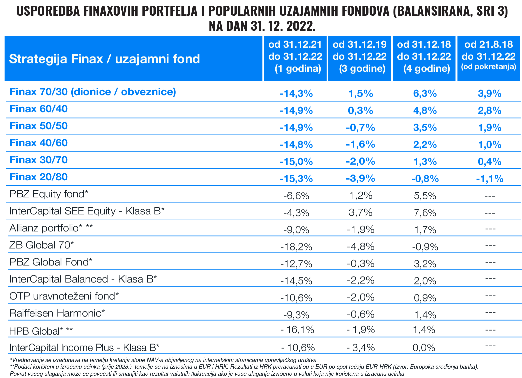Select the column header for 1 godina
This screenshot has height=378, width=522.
tap(295, 57)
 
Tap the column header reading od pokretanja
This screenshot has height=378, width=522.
tap(488, 57)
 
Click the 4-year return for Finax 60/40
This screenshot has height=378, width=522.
tap(425, 111)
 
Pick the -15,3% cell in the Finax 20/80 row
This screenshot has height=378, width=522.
tap(296, 179)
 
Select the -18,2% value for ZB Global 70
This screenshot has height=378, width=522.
tap(296, 247)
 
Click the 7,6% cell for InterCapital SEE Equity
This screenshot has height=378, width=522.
tap(425, 213)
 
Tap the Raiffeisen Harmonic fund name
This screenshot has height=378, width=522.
tap(57, 313)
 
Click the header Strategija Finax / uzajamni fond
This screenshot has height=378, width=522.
tap(104, 59)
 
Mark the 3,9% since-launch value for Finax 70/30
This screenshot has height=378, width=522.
tap(489, 93)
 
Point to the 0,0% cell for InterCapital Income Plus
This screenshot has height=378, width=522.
tap(424, 348)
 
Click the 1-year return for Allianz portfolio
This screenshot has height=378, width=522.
tap(296, 230)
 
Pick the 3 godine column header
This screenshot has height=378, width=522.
tap(360, 57)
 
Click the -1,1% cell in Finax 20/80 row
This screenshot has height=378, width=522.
tap(489, 179)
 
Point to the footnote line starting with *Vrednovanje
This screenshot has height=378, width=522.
tap(163, 360)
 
